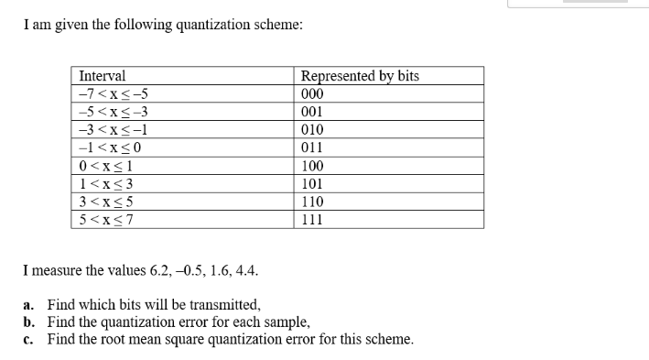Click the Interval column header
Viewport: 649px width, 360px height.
(103, 76)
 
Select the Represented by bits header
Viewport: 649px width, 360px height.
(360, 76)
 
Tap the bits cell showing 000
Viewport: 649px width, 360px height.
(312, 93)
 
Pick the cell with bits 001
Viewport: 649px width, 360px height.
(312, 112)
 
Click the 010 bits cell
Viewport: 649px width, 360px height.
(312, 130)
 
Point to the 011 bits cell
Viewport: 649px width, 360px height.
(312, 147)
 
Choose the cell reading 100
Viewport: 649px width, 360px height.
(312, 166)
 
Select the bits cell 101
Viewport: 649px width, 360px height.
(312, 183)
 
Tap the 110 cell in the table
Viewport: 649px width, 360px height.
(312, 202)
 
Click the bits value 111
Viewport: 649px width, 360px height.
(312, 220)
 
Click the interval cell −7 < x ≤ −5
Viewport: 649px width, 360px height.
(114, 93)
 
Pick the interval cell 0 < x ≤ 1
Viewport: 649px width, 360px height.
(106, 166)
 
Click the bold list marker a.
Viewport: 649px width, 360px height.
(29, 305)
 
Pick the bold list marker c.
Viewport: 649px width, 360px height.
(29, 339)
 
